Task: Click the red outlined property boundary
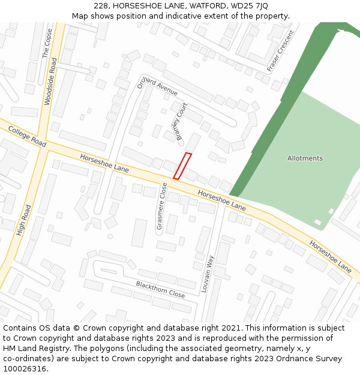coord(182,166)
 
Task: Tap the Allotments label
coord(305,158)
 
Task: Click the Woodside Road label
coord(52,82)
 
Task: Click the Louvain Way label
coord(207,274)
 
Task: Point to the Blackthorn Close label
coord(160,289)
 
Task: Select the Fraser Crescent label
coord(281,50)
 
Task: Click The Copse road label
coord(46,44)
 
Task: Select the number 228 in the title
coord(101,6)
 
